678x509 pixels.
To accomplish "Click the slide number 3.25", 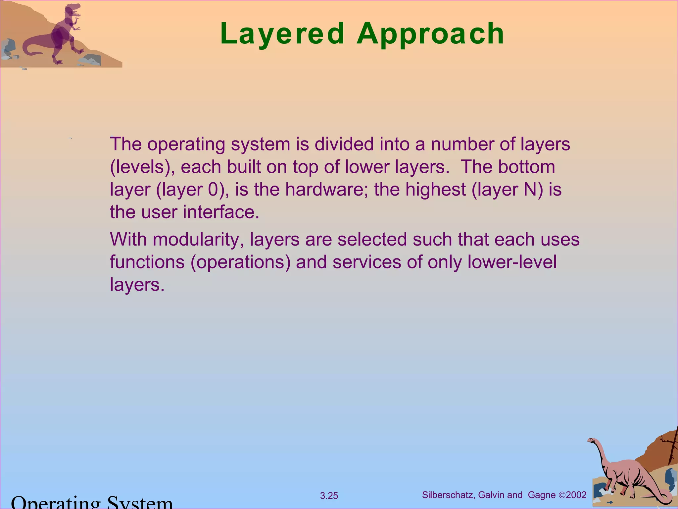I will [329, 496].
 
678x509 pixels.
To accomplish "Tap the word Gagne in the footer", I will [542, 495].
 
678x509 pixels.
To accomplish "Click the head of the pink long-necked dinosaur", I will [592, 441].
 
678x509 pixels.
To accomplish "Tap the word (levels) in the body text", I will [142, 167].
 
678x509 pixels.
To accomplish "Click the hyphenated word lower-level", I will [512, 262].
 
